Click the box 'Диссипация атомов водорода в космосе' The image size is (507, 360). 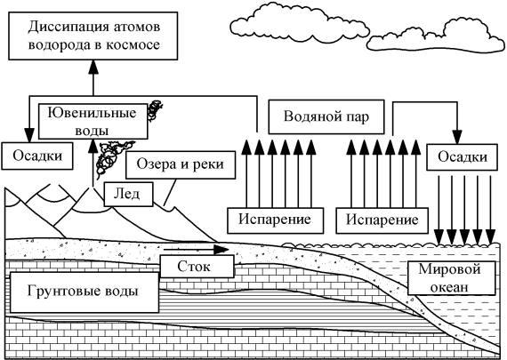(93, 36)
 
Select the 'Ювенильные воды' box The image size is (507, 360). (93, 122)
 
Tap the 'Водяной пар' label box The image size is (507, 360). (326, 116)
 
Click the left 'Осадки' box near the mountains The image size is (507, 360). (37, 156)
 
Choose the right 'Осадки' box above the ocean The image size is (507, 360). (462, 157)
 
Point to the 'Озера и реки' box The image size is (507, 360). (181, 164)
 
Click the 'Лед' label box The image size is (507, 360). (128, 194)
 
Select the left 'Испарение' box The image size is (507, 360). (275, 220)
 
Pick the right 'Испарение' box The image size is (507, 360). (382, 220)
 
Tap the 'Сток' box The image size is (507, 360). (197, 267)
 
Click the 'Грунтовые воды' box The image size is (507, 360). (84, 292)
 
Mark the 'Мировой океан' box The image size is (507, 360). (451, 278)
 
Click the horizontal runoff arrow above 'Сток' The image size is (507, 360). (197, 250)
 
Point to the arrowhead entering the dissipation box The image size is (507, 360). (93, 68)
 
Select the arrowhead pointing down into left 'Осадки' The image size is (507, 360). (29, 135)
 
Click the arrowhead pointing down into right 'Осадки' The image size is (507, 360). (457, 137)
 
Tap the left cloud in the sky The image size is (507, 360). (299, 24)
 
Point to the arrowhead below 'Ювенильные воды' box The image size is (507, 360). (93, 147)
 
